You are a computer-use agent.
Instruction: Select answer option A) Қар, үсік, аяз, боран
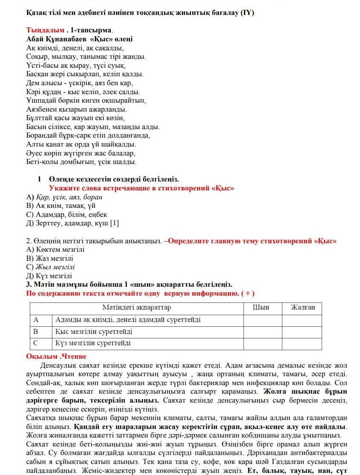[64, 197]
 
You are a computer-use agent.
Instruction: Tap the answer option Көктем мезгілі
[55, 249]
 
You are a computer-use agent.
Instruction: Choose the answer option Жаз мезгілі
[50, 258]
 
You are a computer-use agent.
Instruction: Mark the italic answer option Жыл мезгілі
[51, 267]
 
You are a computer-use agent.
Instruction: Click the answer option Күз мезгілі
[49, 276]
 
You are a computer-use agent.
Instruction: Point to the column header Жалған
[303, 307]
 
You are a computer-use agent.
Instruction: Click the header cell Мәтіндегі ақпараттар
[136, 307]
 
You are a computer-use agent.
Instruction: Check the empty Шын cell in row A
[262, 320]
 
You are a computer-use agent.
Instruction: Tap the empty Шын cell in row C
[262, 343]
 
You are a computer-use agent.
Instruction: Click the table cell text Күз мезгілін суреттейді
[93, 343]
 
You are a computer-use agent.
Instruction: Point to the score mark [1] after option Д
[114, 223]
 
